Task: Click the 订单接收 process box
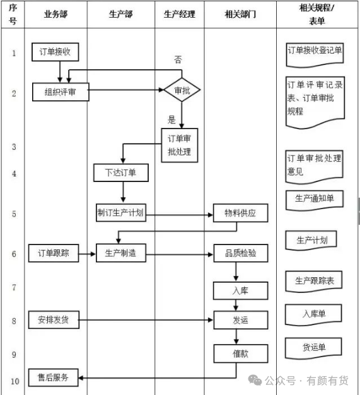[55, 52]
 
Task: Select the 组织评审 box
[61, 92]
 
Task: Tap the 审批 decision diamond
[182, 90]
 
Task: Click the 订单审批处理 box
[180, 146]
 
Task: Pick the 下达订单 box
[121, 173]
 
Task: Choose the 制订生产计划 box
[121, 213]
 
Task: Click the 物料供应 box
[240, 213]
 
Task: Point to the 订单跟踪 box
[54, 253]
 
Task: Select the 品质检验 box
[241, 253]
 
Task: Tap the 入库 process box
[240, 290]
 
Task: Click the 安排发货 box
[54, 319]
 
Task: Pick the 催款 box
[241, 353]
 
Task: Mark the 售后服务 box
[53, 377]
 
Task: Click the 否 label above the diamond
[178, 59]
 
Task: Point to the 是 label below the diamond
[171, 120]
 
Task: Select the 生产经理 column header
[180, 14]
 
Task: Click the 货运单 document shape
[313, 348]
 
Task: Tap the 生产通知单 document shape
[315, 200]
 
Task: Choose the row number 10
[15, 381]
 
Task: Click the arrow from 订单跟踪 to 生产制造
[87, 254]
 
